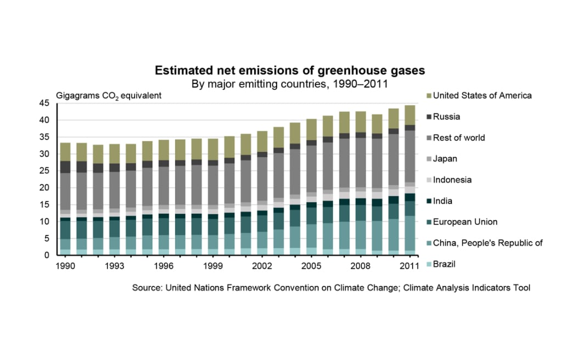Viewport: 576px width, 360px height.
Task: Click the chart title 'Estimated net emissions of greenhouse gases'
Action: coord(290,71)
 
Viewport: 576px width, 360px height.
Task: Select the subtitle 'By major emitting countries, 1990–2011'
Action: coord(290,85)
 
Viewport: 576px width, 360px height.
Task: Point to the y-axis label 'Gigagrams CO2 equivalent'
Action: coord(108,95)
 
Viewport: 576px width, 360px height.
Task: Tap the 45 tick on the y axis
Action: coord(46,103)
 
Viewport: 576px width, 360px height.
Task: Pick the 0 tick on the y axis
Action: coord(48,255)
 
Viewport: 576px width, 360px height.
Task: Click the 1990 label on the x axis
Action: coord(65,266)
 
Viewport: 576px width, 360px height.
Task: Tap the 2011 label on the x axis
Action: coord(410,266)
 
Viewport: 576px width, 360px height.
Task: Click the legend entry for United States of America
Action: coord(482,95)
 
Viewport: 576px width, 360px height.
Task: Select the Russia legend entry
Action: coord(447,116)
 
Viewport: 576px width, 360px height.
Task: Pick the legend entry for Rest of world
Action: coord(459,138)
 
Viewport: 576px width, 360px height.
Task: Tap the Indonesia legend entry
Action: coord(452,180)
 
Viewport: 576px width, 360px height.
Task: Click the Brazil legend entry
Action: coord(444,265)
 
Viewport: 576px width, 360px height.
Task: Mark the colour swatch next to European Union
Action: coord(429,222)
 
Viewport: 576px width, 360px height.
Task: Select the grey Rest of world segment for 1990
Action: coord(65,192)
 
